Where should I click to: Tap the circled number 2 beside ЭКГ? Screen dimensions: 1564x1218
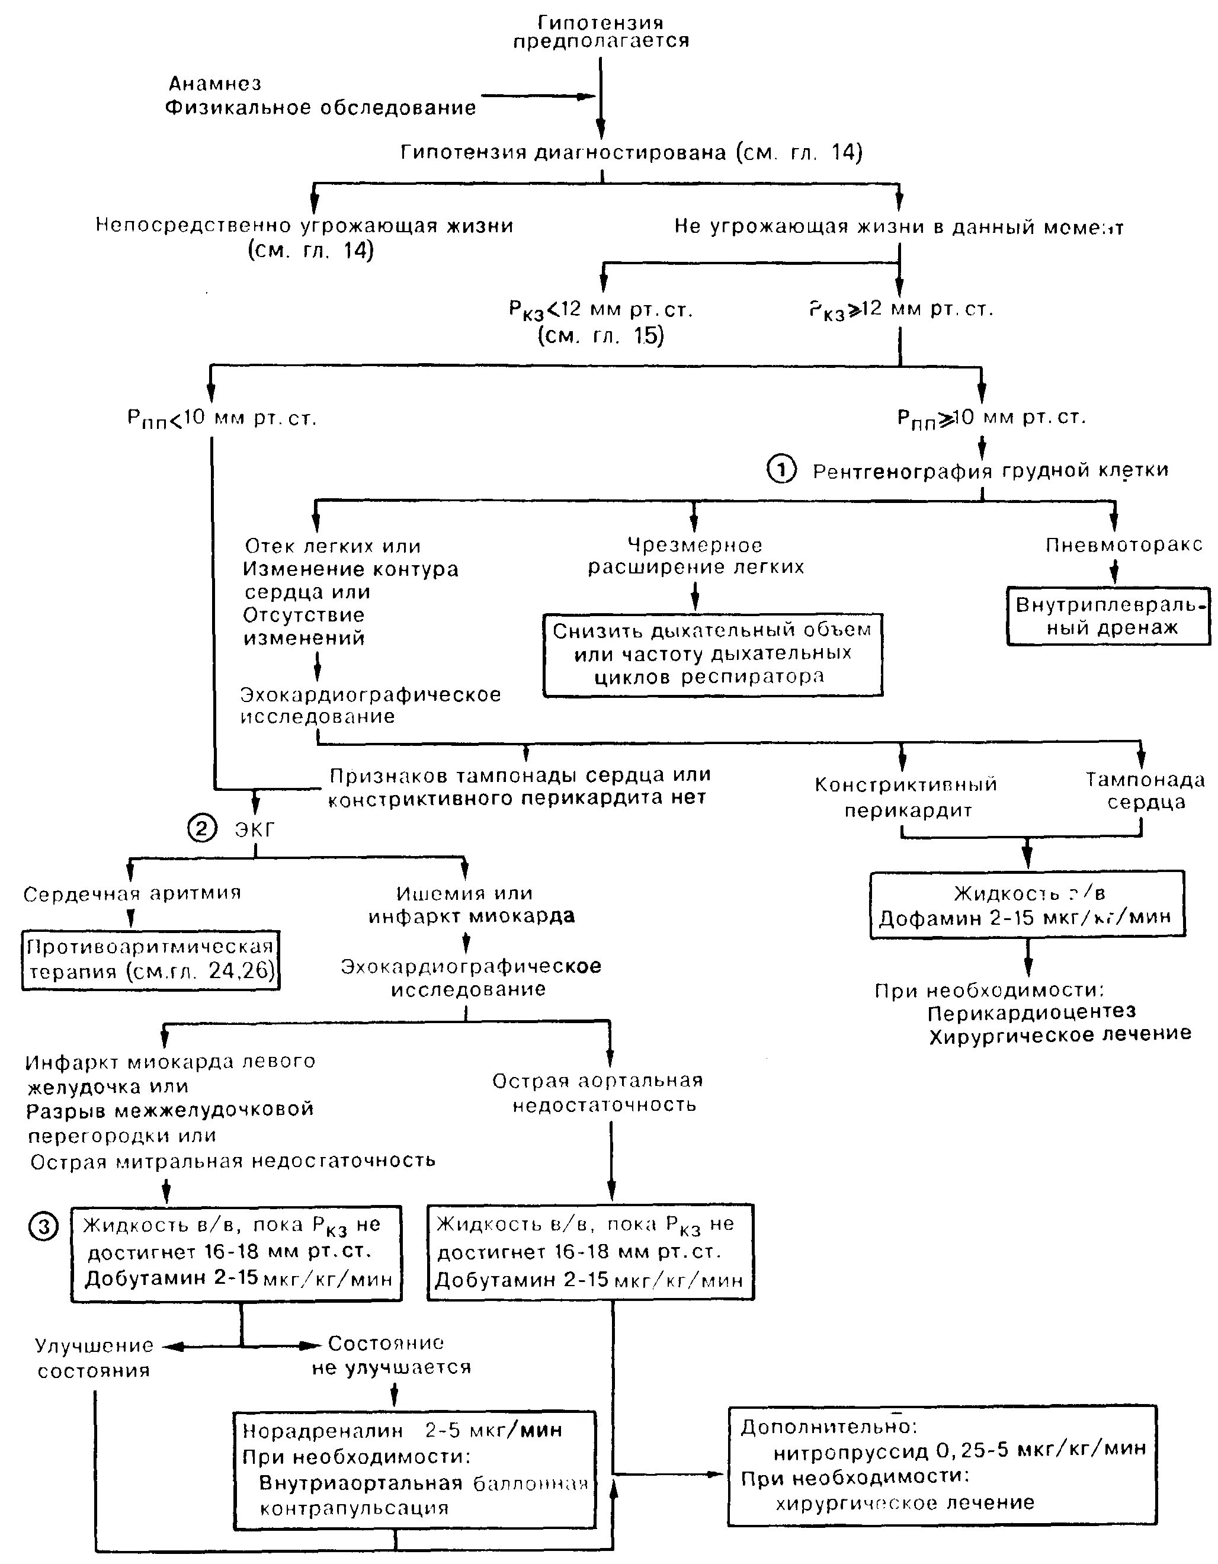(201, 829)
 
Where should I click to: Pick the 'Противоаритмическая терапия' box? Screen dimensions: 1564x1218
(150, 960)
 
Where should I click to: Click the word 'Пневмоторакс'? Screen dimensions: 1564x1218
(1123, 545)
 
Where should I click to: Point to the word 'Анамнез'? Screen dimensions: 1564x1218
(215, 84)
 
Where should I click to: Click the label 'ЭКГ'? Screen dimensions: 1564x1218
(255, 829)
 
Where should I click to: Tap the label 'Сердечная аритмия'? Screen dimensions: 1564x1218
(133, 894)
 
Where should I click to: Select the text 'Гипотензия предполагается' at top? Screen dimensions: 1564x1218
(601, 32)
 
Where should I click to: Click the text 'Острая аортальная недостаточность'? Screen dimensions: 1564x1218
(598, 1092)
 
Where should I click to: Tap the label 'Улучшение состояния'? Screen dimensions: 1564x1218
(95, 1358)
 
